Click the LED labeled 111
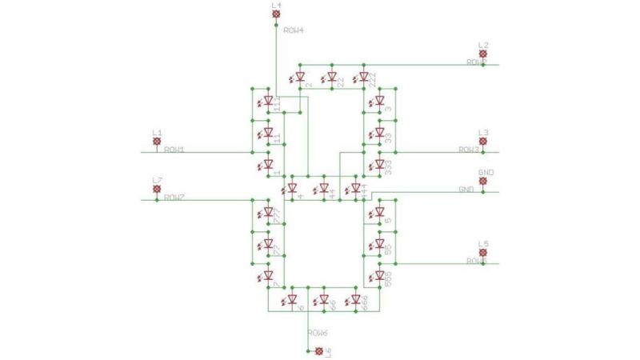[x=269, y=102]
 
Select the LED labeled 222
[x=364, y=78]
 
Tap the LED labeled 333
[x=380, y=165]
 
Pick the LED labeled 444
[x=356, y=189]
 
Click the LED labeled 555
[x=380, y=276]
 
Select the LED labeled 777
[x=269, y=213]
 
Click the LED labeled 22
[x=332, y=78]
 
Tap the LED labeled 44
[x=324, y=189]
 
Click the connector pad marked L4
[x=276, y=14]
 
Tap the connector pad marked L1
[x=157, y=142]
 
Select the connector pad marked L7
[x=157, y=189]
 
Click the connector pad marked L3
[x=482, y=142]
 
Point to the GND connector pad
[x=482, y=182]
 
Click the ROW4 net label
[x=294, y=30]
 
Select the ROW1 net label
[x=174, y=150]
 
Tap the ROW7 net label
[x=174, y=197]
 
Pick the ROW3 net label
[x=469, y=150]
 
